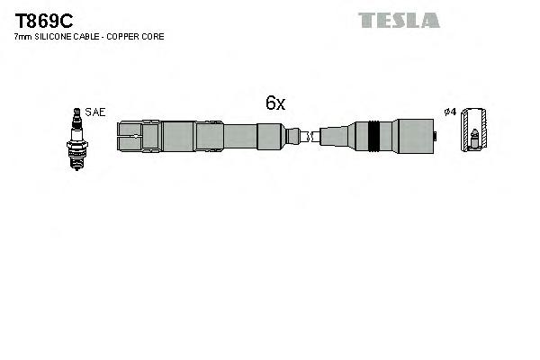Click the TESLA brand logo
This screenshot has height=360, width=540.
[399, 20]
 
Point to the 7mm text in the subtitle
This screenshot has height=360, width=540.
[22, 37]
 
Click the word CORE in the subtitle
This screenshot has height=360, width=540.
[153, 37]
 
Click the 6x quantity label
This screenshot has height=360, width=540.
[274, 103]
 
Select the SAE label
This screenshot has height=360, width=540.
[96, 112]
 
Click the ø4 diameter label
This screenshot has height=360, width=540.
[450, 112]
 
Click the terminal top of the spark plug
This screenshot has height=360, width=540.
[77, 112]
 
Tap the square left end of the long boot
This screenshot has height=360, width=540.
[130, 137]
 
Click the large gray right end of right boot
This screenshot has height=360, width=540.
[414, 137]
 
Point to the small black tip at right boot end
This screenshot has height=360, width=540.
[436, 137]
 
